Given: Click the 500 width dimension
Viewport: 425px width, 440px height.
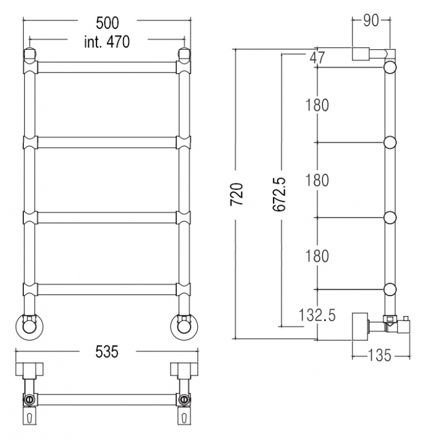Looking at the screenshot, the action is (x=107, y=23).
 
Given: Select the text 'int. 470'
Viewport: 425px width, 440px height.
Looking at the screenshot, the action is (x=107, y=42).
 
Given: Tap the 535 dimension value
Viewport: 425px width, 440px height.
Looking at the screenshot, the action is (x=107, y=352).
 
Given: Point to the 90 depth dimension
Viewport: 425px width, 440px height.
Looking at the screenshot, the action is (x=371, y=21).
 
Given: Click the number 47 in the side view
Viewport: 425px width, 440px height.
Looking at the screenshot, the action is (x=317, y=58).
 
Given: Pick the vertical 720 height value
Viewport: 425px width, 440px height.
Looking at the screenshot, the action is (x=236, y=194).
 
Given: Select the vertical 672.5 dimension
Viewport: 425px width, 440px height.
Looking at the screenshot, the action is (x=279, y=194).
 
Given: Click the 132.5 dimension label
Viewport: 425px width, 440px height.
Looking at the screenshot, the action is (x=317, y=315).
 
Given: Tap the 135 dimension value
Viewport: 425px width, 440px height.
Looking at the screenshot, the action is (x=379, y=356).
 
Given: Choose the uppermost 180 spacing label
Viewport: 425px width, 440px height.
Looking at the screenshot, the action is (x=317, y=105).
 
